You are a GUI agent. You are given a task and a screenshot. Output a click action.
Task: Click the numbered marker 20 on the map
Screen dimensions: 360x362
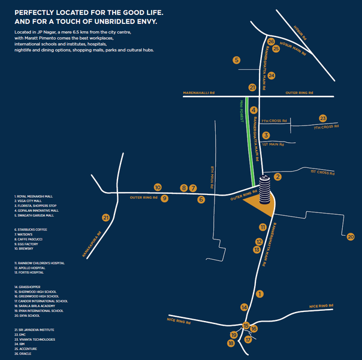click(x=351, y=236)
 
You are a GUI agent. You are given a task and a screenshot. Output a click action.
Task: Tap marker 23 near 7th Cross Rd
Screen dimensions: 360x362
click(x=323, y=118)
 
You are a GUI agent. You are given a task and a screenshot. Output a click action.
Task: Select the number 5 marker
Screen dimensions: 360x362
click(x=237, y=60)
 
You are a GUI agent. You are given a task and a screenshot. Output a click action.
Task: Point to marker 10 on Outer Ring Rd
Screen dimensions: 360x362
click(x=158, y=187)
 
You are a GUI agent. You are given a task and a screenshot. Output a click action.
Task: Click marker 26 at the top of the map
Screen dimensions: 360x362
click(x=271, y=42)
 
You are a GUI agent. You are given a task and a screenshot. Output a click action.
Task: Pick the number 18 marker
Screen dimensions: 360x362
click(x=231, y=343)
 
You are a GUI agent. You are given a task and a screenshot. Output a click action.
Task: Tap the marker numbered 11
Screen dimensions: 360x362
click(x=263, y=227)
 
